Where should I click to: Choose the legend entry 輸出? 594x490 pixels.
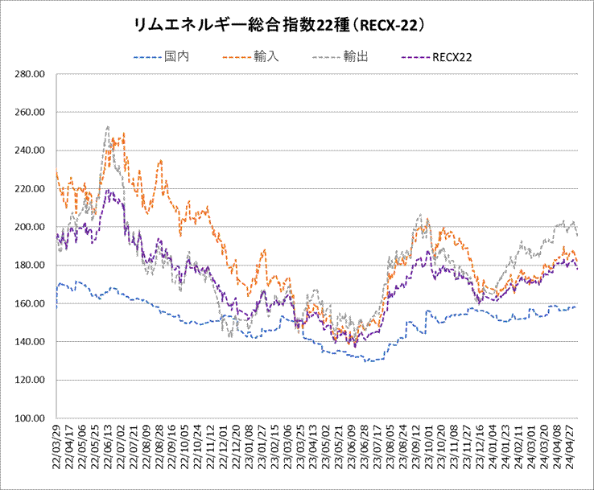pyautogui.click(x=355, y=57)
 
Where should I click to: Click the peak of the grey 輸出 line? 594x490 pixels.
pyautogui.click(x=107, y=126)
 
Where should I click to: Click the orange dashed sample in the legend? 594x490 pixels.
pyautogui.click(x=237, y=57)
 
